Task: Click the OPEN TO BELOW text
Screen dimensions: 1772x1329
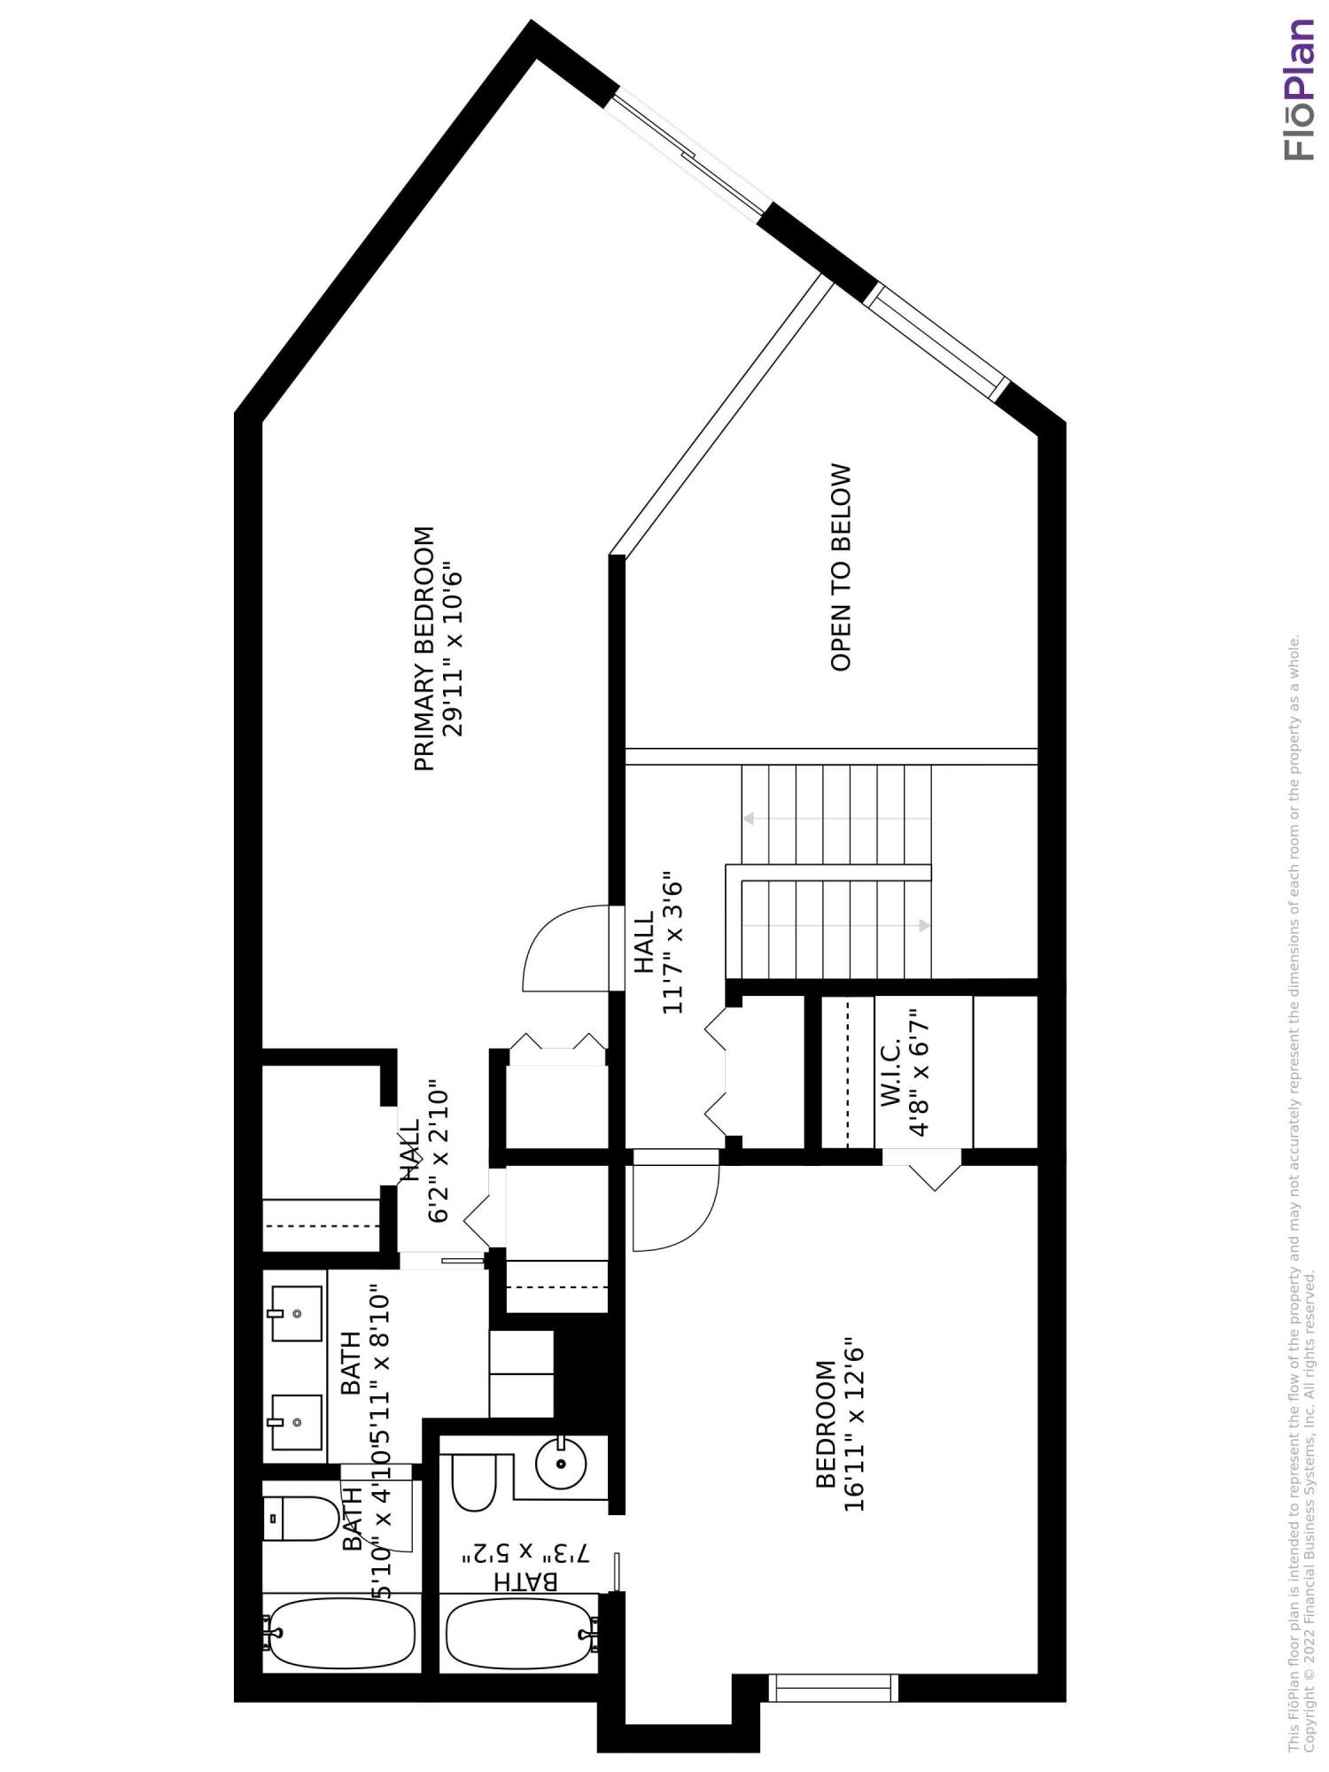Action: [840, 567]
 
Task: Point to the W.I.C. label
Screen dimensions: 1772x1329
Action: [891, 1073]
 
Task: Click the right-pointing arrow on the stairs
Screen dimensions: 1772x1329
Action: [923, 926]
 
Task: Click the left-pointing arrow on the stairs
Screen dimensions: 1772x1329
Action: [750, 819]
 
